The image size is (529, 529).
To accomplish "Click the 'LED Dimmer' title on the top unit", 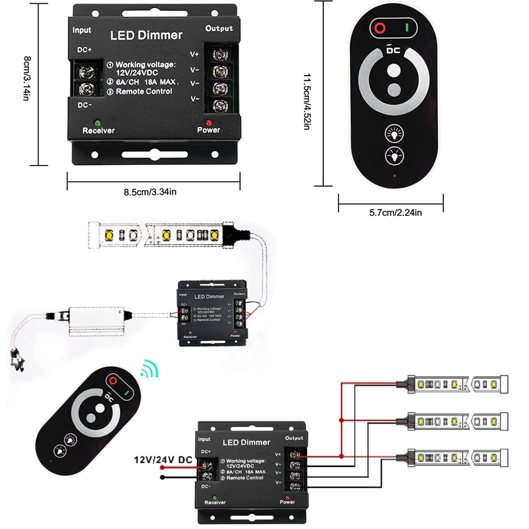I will point(146,35).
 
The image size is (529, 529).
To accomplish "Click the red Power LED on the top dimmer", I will point(208,123).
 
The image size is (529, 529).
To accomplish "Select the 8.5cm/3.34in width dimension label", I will point(150,192).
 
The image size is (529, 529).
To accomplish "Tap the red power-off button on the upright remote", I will point(379,28).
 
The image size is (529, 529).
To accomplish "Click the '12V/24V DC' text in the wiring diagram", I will point(162,460).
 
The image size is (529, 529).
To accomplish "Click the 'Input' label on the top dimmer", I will point(82,30).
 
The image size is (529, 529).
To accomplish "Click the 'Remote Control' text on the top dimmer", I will point(144,92).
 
